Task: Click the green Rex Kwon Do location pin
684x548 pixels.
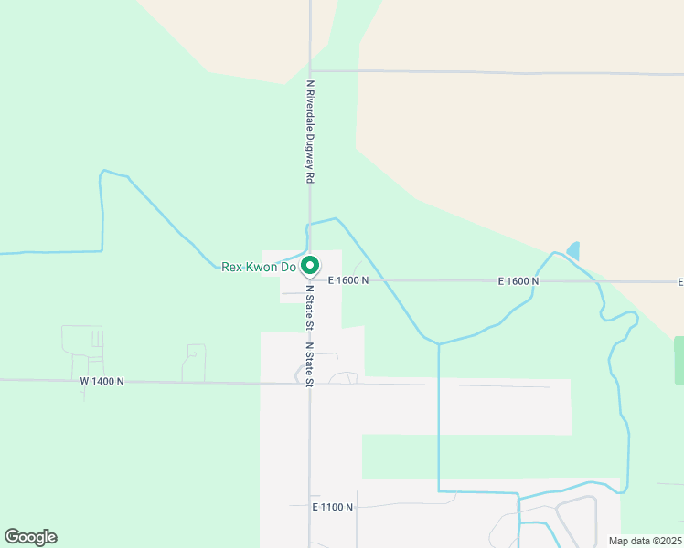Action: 310,266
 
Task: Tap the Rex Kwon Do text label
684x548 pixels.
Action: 259,268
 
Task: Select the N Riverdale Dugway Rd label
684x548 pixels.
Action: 310,132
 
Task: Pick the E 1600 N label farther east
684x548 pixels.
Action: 518,281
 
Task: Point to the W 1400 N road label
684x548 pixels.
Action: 102,381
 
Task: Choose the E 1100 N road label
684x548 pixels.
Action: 332,506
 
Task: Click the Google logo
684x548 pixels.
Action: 30,537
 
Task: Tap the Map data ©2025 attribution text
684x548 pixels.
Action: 644,541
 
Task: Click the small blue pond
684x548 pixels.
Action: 573,250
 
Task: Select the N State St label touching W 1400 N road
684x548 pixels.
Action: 309,364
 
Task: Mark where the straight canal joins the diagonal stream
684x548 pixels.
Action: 439,344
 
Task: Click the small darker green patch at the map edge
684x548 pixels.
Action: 679,360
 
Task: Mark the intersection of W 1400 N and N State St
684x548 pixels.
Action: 309,384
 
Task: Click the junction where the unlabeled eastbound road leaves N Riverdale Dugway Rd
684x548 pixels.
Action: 310,70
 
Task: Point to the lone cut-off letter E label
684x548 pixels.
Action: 680,281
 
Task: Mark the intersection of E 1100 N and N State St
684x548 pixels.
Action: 309,505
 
